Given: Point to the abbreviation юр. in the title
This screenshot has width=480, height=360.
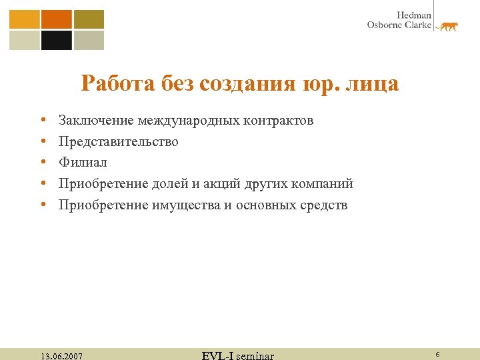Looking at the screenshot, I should [x=323, y=85].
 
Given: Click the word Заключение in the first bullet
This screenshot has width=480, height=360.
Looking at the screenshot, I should [x=96, y=121].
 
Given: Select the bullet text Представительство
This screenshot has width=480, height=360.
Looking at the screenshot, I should [x=119, y=141].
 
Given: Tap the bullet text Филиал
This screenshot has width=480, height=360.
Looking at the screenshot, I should [x=83, y=162].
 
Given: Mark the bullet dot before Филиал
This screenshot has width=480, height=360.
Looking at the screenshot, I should [x=42, y=163].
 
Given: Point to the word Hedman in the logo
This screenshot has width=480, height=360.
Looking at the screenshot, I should [x=415, y=15].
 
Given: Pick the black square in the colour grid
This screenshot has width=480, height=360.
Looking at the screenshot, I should [x=56, y=41].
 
